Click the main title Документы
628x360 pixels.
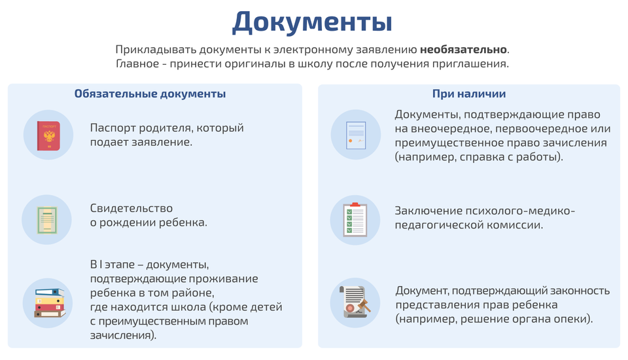[312, 23]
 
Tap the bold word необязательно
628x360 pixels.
[463, 49]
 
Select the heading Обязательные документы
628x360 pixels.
[150, 94]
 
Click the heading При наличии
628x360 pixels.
[468, 94]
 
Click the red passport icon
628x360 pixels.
[48, 136]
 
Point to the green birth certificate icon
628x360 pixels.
[47, 220]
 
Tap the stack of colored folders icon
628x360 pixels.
[49, 303]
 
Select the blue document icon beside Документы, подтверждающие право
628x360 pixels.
[356, 135]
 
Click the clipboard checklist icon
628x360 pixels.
[355, 220]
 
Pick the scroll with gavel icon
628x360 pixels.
[355, 302]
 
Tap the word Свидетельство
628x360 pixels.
[131, 208]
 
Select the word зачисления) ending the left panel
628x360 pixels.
[123, 335]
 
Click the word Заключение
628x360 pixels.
[426, 211]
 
